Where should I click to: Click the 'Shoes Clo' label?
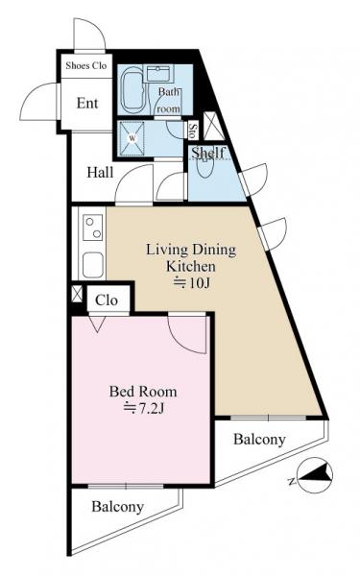(x=86, y=65)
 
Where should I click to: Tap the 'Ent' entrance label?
(x=87, y=104)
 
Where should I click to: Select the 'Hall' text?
(x=100, y=172)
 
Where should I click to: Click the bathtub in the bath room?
(x=132, y=90)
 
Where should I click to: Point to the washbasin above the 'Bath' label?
(x=159, y=74)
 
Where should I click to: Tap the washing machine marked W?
(x=132, y=138)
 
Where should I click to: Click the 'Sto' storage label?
(x=192, y=130)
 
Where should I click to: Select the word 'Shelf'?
(x=208, y=153)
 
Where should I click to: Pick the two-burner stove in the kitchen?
(x=93, y=228)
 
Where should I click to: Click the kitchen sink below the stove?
(x=92, y=265)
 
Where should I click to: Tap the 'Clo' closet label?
(x=107, y=300)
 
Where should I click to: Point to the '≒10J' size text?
(x=192, y=283)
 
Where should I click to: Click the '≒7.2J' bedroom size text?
(x=143, y=408)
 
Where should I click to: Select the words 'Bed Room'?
(x=143, y=392)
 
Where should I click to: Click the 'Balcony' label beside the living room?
(x=259, y=440)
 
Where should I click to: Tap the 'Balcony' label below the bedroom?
(x=117, y=507)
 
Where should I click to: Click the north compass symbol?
(x=315, y=475)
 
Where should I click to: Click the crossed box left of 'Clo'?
(x=77, y=294)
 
